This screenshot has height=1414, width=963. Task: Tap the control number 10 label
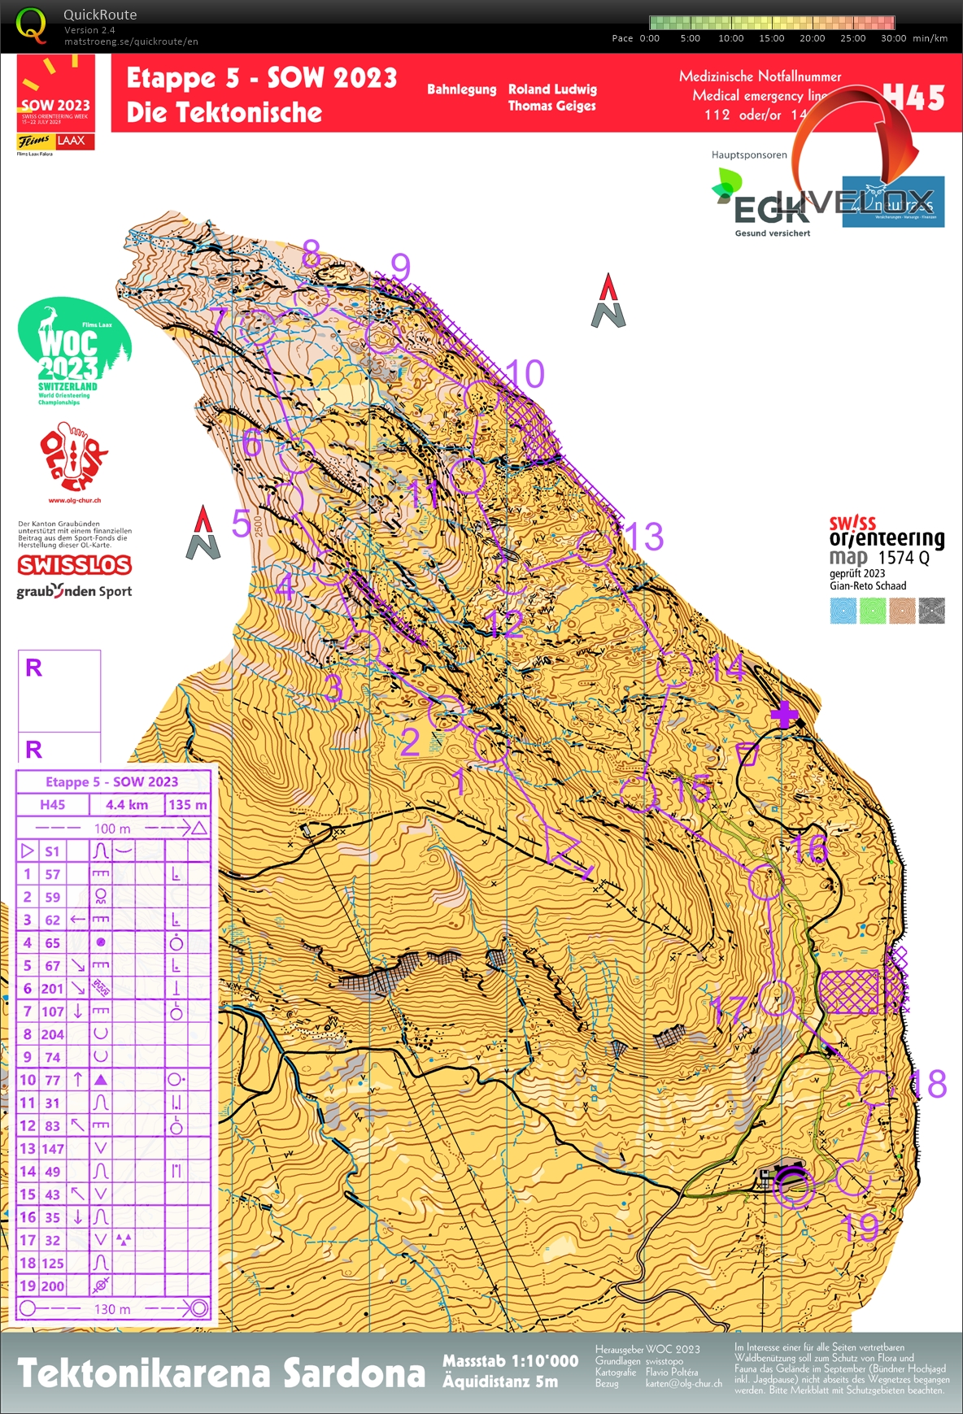point(525,375)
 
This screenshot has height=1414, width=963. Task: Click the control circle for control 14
point(674,668)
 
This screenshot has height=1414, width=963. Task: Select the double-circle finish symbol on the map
point(791,1186)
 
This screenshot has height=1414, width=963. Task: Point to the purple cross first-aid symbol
point(784,716)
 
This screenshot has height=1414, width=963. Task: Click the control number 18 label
point(928,1084)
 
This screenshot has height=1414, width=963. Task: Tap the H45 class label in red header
point(913,98)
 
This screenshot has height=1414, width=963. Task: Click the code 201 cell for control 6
point(53,988)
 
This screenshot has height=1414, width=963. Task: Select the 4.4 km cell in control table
point(127,804)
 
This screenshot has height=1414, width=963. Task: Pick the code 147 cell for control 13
point(53,1148)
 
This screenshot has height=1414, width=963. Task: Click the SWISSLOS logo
point(74,564)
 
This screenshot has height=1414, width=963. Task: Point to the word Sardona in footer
point(354,1373)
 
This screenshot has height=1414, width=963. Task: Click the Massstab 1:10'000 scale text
point(510,1361)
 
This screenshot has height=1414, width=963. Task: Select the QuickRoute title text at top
point(100,15)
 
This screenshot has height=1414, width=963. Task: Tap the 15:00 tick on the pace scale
point(771,38)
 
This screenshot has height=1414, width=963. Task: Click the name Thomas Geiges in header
point(551,106)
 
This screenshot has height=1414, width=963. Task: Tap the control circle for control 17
point(777,998)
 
